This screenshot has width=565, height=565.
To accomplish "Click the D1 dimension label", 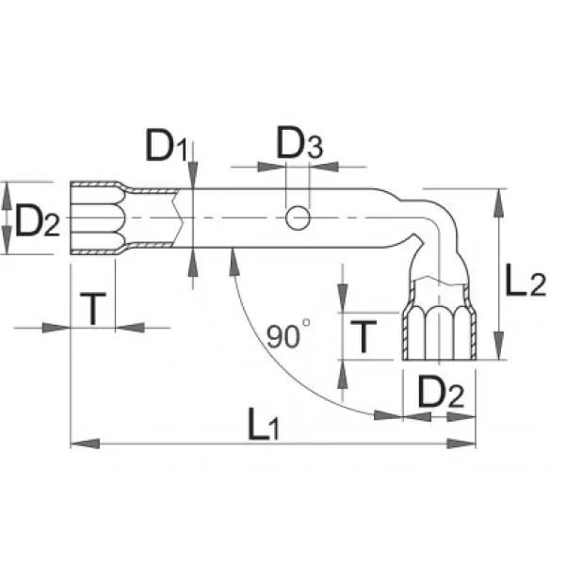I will point(167,148).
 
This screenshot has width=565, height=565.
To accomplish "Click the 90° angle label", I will point(286,336).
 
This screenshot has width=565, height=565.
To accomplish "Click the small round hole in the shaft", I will point(298,218).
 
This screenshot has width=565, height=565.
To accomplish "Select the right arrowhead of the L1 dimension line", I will point(468,442).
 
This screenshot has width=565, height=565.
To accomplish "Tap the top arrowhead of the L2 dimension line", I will point(496,194).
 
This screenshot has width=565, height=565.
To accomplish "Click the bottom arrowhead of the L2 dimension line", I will point(496,353).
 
